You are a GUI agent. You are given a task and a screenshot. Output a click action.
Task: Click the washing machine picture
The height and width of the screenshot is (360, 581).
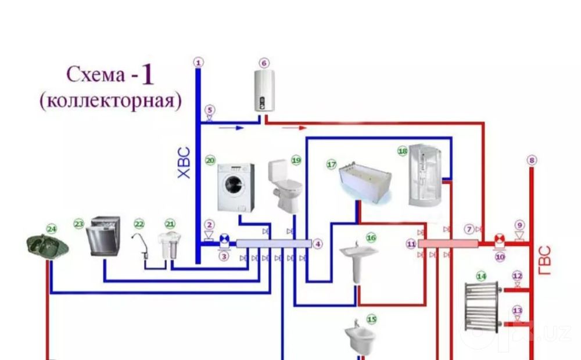point(236,188)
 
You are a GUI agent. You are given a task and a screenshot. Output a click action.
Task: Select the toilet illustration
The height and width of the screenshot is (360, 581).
point(284,184)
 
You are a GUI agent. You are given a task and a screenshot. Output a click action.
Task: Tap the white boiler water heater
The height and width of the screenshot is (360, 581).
point(264,91)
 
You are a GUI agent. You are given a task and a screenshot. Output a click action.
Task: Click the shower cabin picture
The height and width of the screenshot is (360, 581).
point(425,175)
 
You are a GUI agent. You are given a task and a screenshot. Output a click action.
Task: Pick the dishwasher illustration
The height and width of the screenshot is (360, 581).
point(103,236)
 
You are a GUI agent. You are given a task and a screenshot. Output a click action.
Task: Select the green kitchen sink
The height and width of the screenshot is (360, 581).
point(48,246)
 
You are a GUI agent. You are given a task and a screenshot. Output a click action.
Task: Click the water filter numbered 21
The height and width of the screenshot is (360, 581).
point(169,245)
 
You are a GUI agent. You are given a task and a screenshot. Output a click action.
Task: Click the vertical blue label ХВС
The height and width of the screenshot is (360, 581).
point(184,163)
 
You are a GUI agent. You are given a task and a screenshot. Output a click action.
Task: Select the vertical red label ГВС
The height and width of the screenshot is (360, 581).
point(545,260)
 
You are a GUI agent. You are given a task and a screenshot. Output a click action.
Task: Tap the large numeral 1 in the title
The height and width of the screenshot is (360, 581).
point(147,74)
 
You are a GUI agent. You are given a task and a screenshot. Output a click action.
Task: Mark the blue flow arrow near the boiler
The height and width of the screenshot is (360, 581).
point(231,128)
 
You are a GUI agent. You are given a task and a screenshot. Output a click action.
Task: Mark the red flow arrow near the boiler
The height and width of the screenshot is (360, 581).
point(295,128)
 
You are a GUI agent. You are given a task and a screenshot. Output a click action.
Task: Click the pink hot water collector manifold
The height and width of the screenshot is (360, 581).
point(448,244)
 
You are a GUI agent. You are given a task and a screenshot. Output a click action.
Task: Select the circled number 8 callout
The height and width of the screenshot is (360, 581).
point(532,160)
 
